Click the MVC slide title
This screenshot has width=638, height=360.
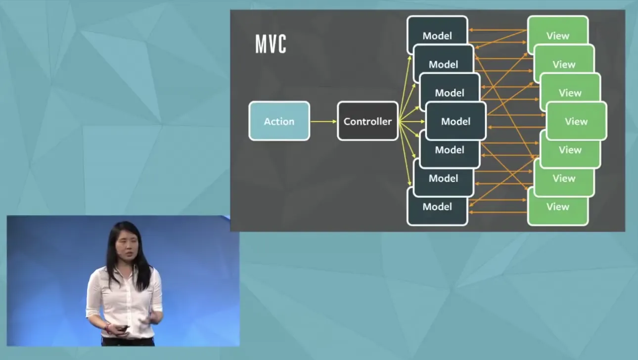click(271, 44)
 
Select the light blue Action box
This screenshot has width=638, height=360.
click(279, 121)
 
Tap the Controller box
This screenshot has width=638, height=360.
click(367, 121)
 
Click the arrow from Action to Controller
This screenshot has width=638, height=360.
click(323, 121)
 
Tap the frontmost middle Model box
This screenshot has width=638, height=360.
click(456, 121)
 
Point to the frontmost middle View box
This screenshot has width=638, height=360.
click(576, 121)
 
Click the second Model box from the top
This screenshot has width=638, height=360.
click(443, 64)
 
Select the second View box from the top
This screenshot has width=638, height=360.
click(564, 64)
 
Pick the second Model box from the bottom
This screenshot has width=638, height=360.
click(443, 179)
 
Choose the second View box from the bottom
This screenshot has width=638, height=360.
click(564, 179)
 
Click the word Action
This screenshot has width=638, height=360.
click(279, 122)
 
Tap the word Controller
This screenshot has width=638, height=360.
click(367, 122)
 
